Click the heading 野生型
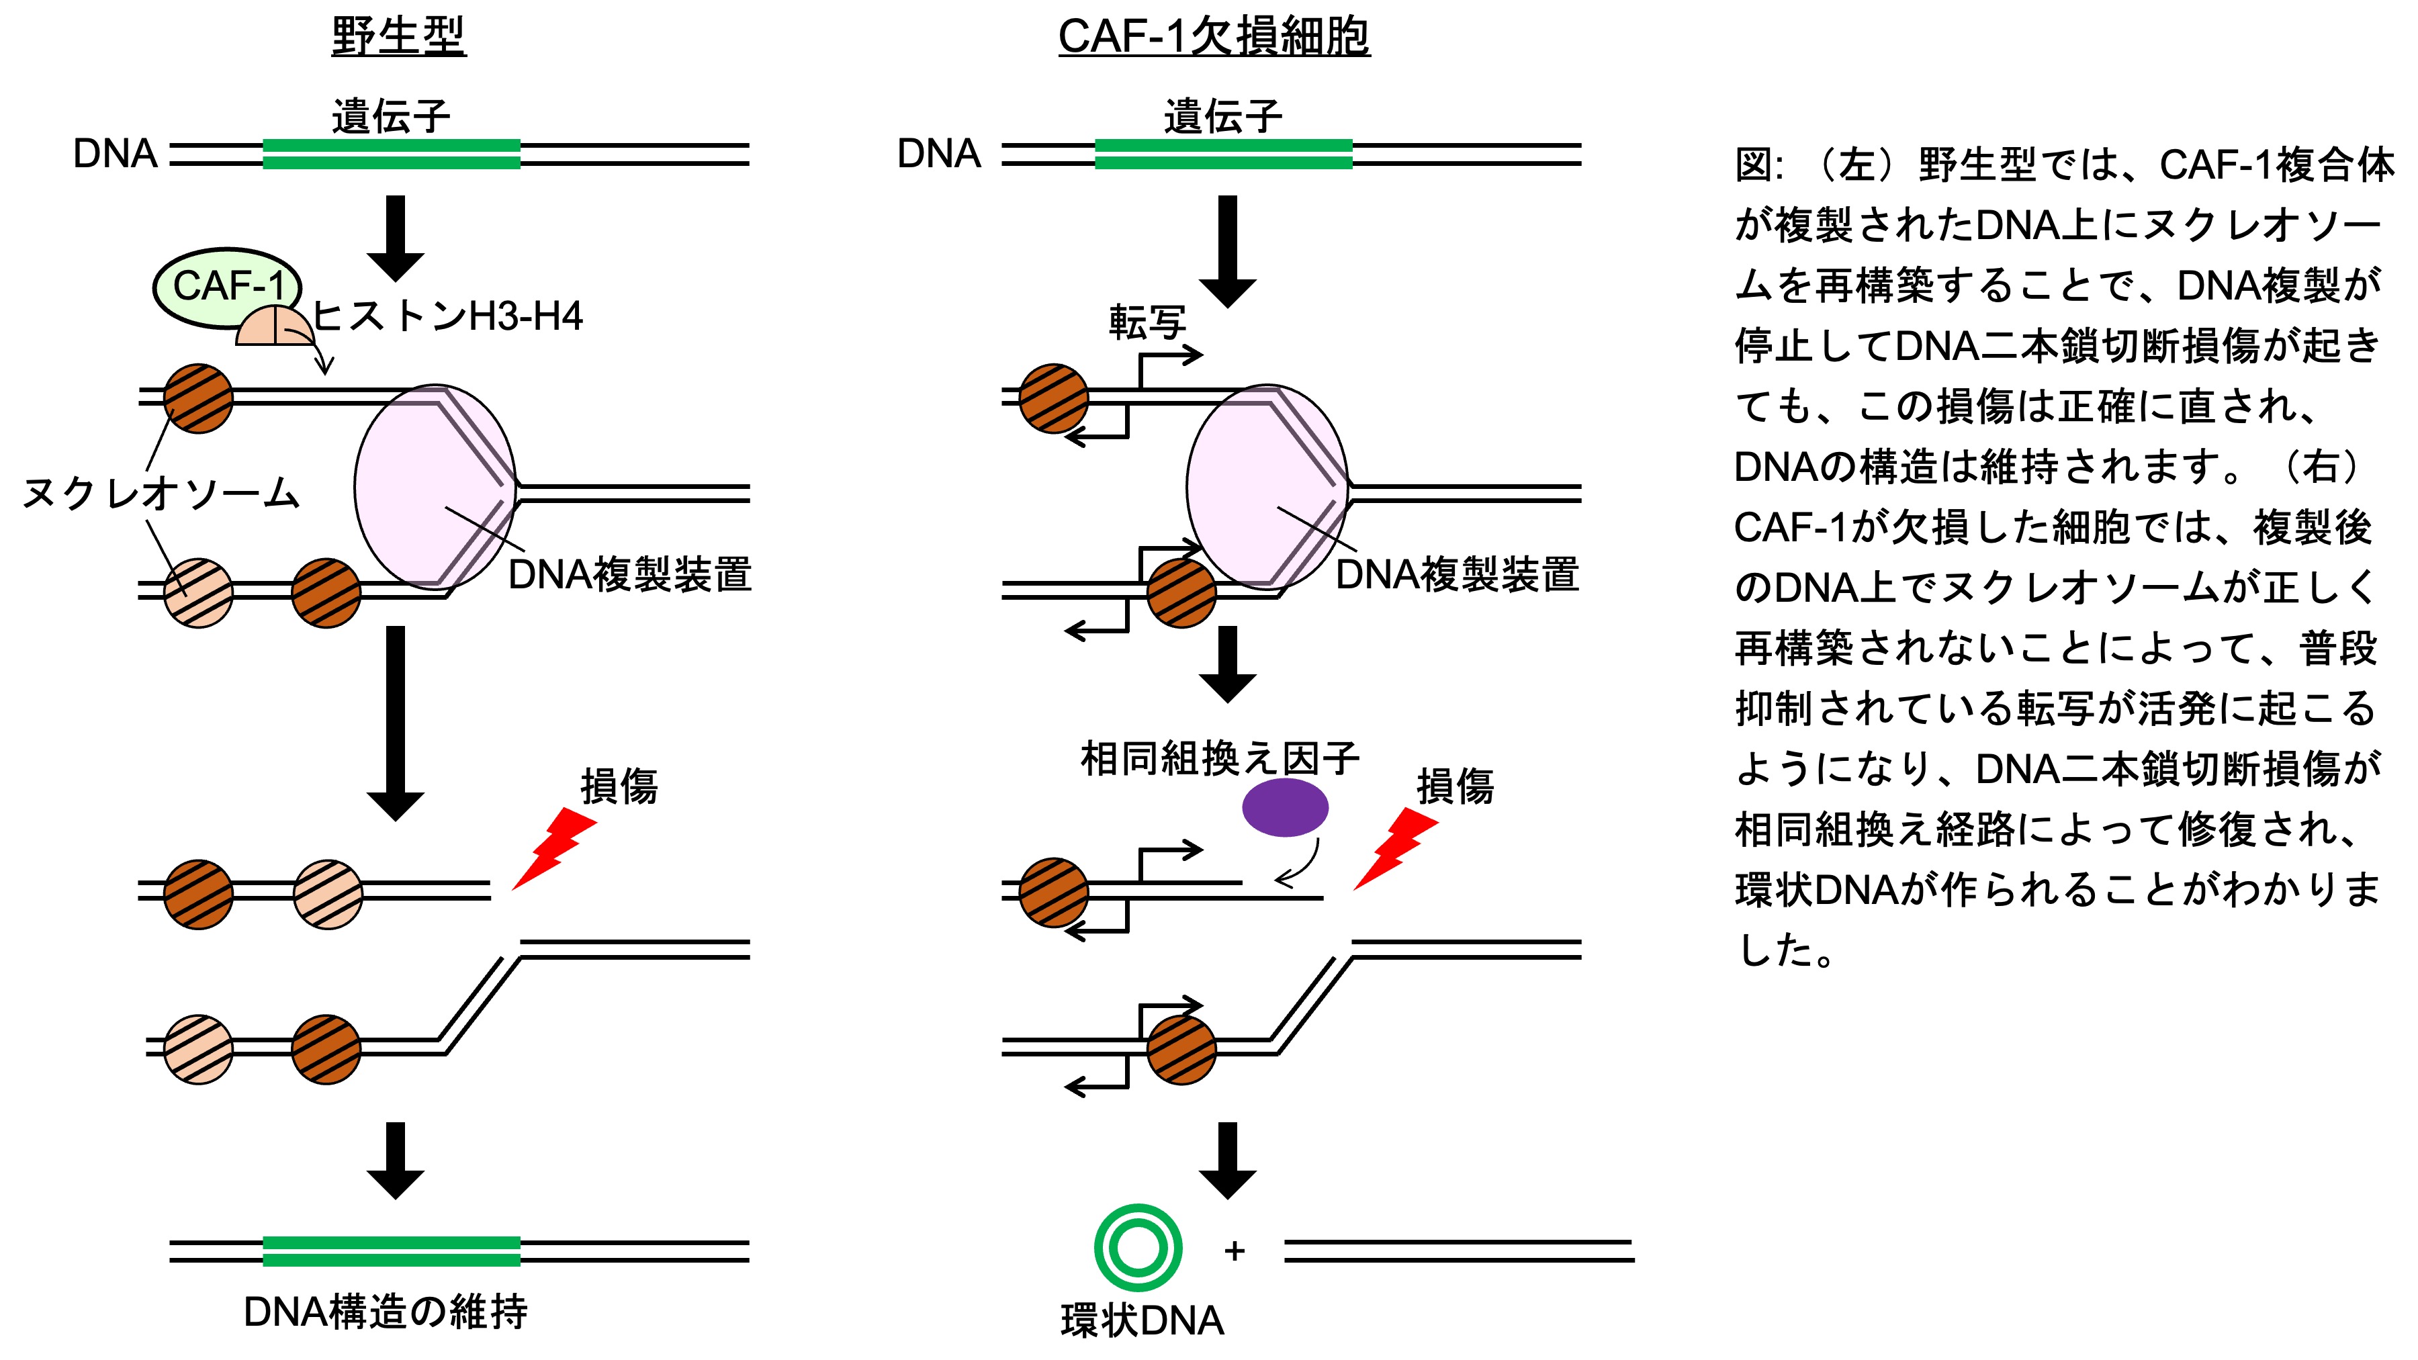399,38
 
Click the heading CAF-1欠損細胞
1214,38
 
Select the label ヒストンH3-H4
447,317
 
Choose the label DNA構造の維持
385,1311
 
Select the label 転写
1147,323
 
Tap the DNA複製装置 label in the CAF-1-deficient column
1457,574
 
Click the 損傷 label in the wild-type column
619,786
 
